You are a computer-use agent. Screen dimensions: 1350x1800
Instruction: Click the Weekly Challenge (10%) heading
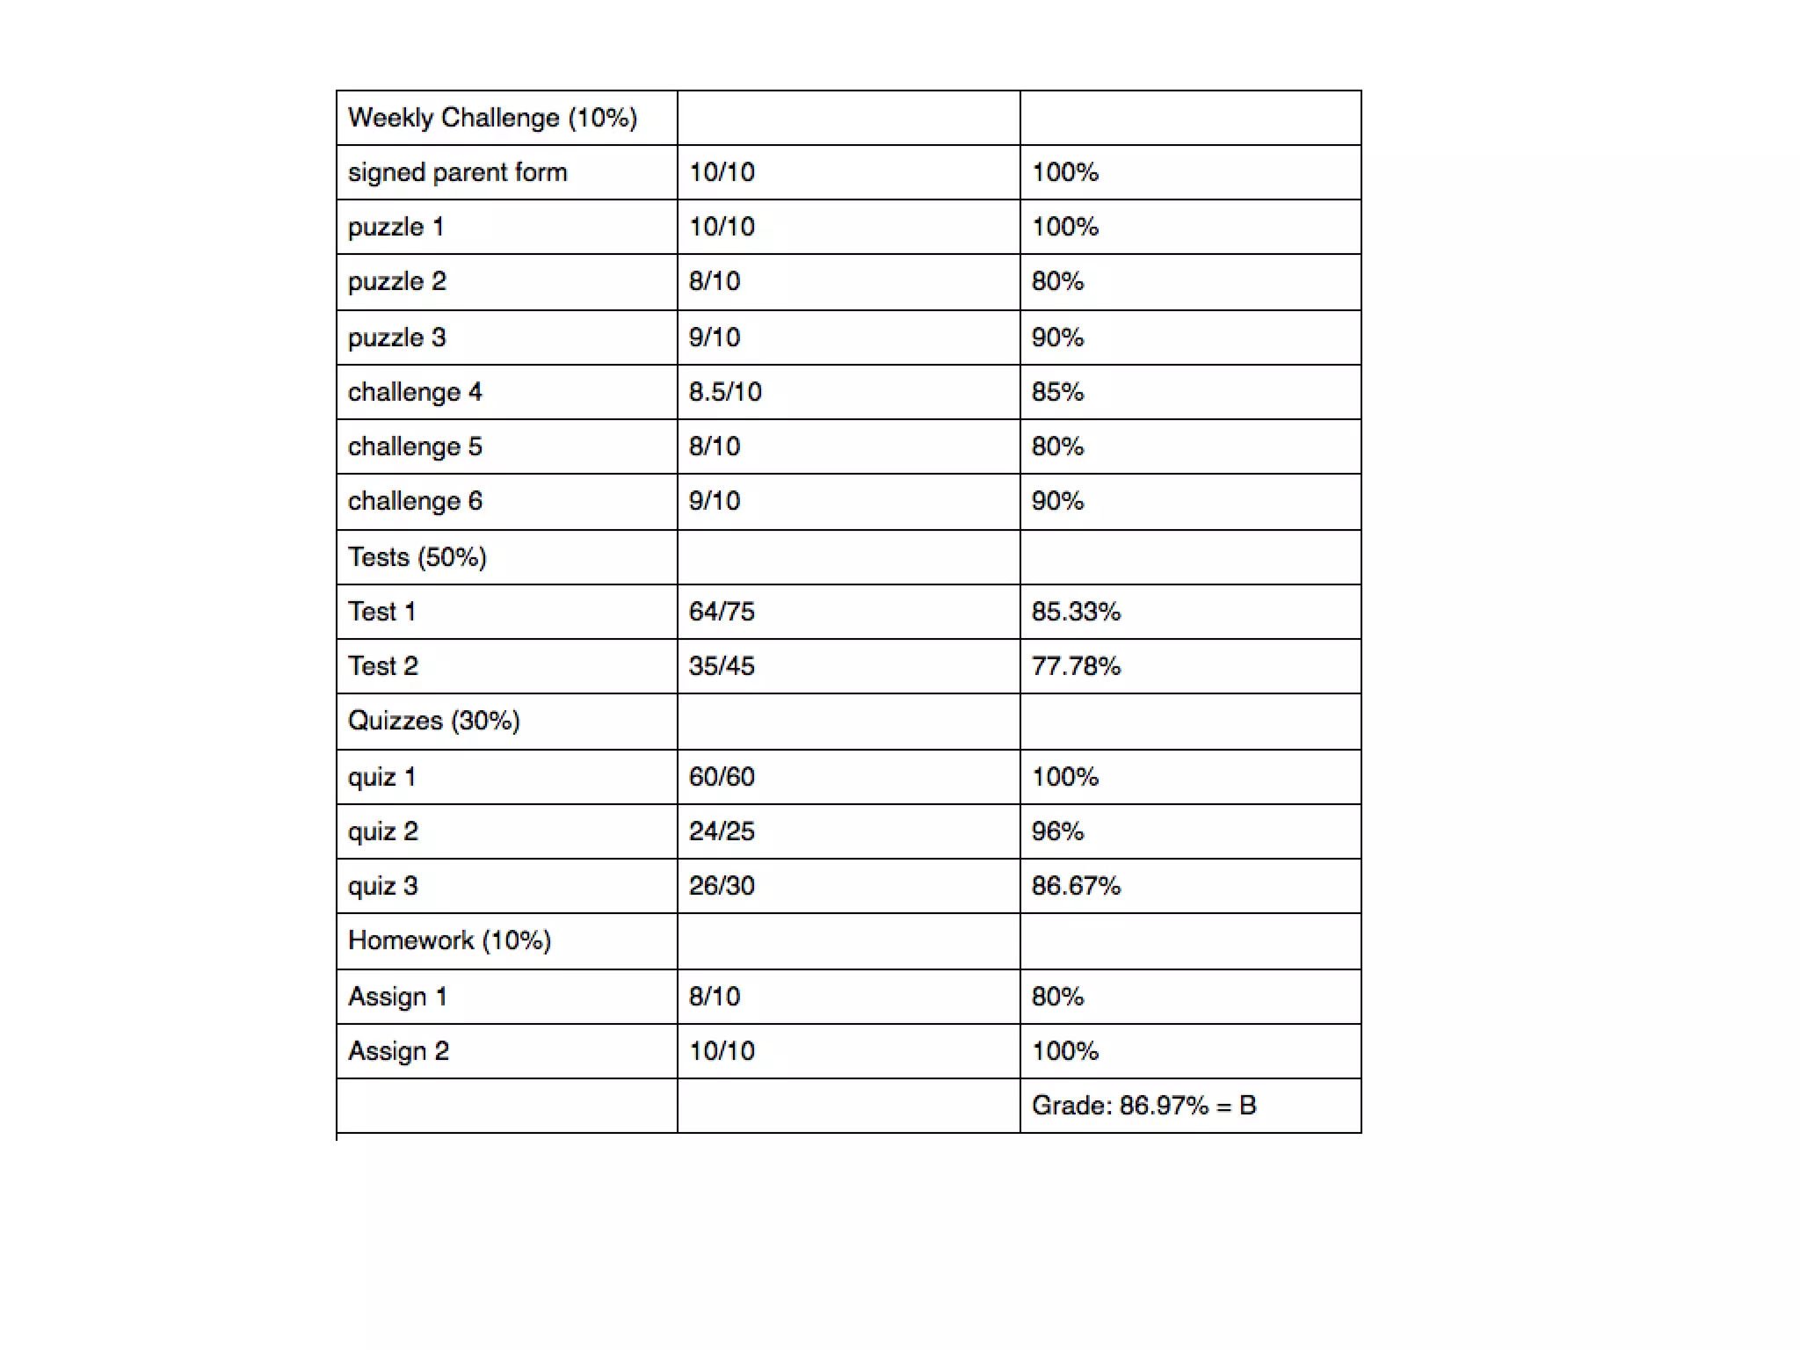click(492, 118)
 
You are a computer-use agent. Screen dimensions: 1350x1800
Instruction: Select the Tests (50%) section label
click(417, 557)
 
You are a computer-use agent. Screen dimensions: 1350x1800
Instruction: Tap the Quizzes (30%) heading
click(433, 721)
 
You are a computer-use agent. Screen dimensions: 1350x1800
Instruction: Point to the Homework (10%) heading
click(449, 940)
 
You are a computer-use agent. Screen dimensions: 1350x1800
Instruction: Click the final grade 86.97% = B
click(1143, 1106)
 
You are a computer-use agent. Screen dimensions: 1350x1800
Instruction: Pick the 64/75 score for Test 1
click(722, 612)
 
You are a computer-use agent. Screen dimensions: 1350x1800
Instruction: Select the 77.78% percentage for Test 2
click(1076, 666)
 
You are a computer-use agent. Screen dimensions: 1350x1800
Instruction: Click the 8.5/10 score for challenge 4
click(725, 392)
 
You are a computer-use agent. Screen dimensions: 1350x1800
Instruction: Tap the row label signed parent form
click(457, 172)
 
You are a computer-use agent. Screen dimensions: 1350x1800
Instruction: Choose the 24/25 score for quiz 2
click(722, 831)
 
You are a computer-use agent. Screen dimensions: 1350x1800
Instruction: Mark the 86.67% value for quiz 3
click(1076, 886)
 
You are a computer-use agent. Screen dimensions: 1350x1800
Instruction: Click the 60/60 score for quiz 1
click(722, 777)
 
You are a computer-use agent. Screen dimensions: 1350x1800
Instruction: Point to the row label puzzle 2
click(397, 281)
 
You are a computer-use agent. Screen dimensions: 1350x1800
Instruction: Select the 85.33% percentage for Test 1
click(1076, 612)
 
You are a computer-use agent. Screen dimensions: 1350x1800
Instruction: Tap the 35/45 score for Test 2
click(722, 666)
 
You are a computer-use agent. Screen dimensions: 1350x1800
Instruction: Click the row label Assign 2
click(398, 1051)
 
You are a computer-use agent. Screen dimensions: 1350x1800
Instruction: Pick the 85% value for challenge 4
click(1057, 392)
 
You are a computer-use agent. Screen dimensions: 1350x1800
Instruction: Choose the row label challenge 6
click(415, 501)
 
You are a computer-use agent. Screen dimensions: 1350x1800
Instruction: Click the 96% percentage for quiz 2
click(1057, 831)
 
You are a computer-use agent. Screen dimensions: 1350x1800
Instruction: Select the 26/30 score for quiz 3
click(722, 886)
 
